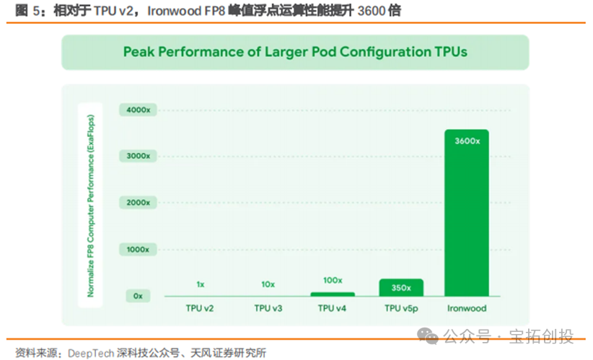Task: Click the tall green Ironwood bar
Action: (466, 216)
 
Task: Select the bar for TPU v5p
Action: (400, 288)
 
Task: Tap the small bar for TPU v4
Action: (333, 294)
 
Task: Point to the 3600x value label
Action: (467, 141)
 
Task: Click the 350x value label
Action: (400, 287)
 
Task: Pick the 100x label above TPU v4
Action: (333, 280)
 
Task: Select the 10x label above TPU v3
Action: (268, 284)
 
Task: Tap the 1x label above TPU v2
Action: (201, 284)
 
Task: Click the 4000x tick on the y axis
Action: (138, 110)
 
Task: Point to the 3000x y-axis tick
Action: (138, 156)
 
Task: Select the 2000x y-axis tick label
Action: (138, 203)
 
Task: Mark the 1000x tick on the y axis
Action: (138, 249)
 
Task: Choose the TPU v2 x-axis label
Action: (201, 308)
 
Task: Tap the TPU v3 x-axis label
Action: (268, 308)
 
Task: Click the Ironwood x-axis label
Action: (466, 308)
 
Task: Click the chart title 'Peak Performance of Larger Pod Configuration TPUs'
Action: (295, 52)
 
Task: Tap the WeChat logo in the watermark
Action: (430, 337)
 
